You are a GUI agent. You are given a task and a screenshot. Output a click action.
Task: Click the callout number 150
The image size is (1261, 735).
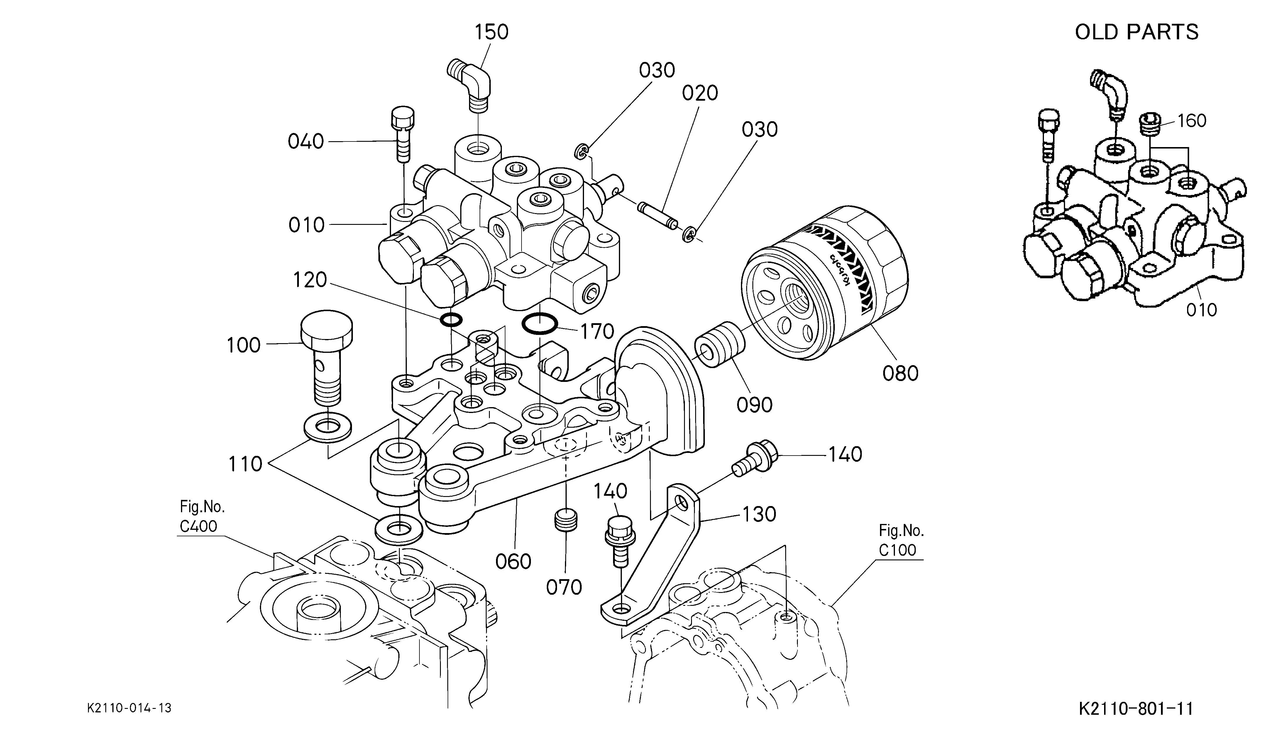[x=491, y=32]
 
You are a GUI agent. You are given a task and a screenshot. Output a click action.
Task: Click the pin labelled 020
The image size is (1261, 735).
[x=658, y=213]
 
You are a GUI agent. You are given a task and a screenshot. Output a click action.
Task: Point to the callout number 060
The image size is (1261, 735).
[x=513, y=561]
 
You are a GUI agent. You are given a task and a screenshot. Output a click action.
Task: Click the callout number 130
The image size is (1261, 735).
[x=759, y=514]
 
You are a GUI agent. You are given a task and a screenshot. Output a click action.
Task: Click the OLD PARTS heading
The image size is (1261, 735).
[x=1136, y=32]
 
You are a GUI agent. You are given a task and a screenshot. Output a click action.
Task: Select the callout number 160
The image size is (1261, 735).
[x=1192, y=121]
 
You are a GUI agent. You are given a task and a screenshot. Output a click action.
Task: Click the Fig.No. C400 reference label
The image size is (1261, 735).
[x=202, y=516]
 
